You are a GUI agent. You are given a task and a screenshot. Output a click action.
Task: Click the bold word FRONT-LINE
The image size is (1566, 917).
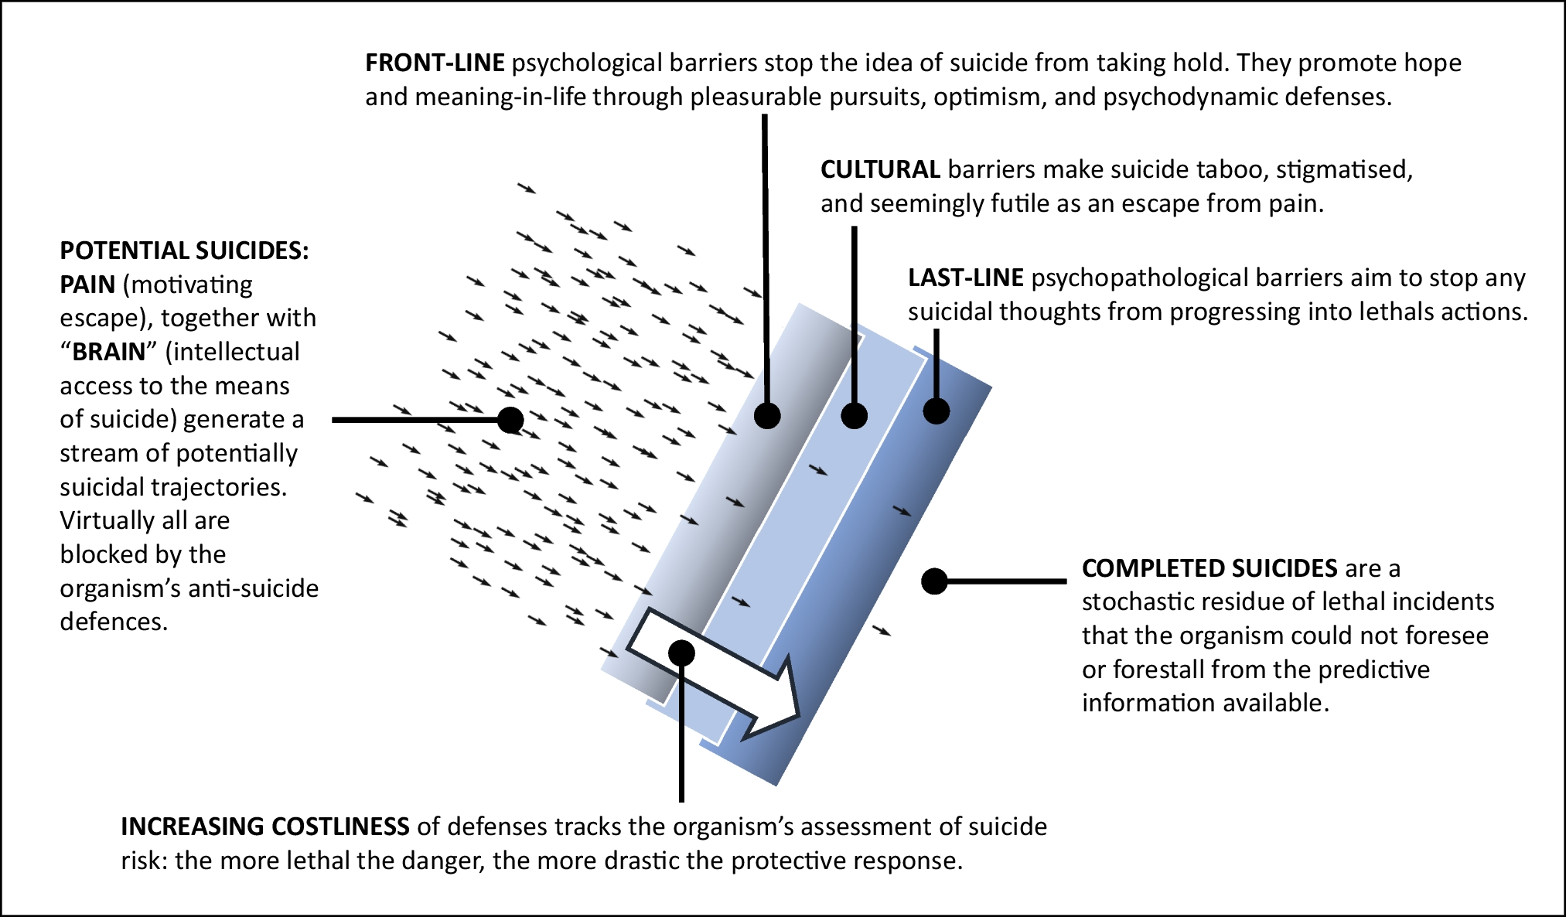click(x=435, y=63)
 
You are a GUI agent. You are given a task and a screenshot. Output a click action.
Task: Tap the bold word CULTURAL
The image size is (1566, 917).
click(x=880, y=169)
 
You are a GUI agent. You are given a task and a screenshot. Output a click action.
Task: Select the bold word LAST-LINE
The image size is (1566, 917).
click(x=965, y=278)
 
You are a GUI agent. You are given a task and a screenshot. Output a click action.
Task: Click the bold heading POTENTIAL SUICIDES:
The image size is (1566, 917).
click(x=184, y=251)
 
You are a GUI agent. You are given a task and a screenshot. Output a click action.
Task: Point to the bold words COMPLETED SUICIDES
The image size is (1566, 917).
click(x=1209, y=568)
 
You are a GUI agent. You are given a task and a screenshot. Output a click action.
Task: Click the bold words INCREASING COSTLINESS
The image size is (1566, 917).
click(x=265, y=827)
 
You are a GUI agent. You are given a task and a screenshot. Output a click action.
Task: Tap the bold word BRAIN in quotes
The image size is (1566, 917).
click(x=109, y=352)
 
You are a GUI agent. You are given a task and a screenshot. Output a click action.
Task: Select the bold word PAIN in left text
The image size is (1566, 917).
click(x=87, y=285)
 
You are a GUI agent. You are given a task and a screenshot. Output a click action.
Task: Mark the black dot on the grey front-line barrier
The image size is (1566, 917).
click(x=767, y=416)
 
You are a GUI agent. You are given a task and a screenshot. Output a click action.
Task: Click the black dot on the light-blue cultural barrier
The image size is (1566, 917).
click(x=854, y=416)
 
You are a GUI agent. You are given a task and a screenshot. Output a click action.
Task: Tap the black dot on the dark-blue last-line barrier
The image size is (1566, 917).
click(x=937, y=411)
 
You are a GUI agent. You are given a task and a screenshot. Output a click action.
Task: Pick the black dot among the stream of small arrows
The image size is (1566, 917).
click(x=510, y=420)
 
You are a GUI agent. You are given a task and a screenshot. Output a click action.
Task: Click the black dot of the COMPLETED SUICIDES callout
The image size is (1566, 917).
click(x=934, y=581)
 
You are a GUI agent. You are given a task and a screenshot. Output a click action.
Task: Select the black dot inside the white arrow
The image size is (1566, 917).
click(x=681, y=653)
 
